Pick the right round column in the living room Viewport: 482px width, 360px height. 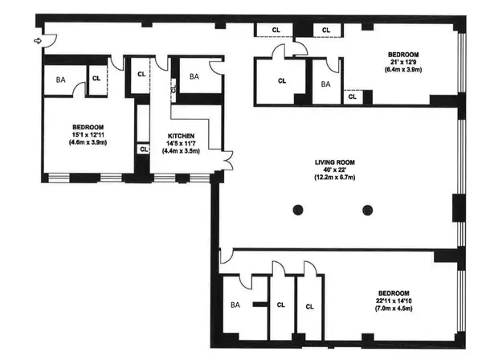tap(367, 211)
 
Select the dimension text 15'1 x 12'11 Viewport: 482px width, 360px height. tap(88, 134)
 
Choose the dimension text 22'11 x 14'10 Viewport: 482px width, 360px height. tap(394, 300)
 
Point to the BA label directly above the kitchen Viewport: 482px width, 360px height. tap(194, 77)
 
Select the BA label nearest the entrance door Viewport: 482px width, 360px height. tap(60, 80)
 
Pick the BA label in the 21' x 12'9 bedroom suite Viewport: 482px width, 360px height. tap(326, 84)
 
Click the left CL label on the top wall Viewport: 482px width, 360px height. tap(274, 31)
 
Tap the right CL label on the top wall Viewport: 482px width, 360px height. tap(327, 31)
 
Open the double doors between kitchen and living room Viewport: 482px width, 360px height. tap(227, 160)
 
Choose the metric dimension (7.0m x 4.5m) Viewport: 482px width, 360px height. tap(394, 308)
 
